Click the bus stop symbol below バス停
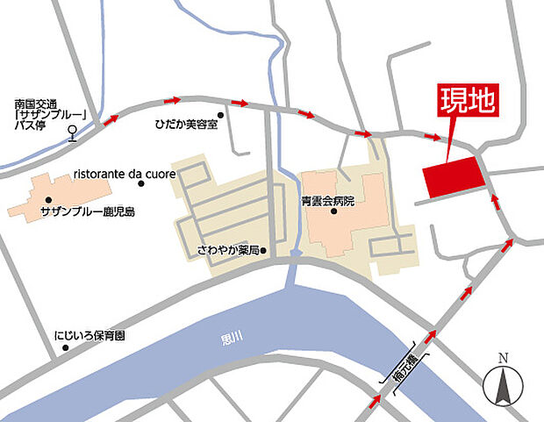click(73, 134)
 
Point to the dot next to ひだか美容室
click(220, 114)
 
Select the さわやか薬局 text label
click(228, 251)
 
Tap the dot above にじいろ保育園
click(65, 348)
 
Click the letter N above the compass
click(503, 358)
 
